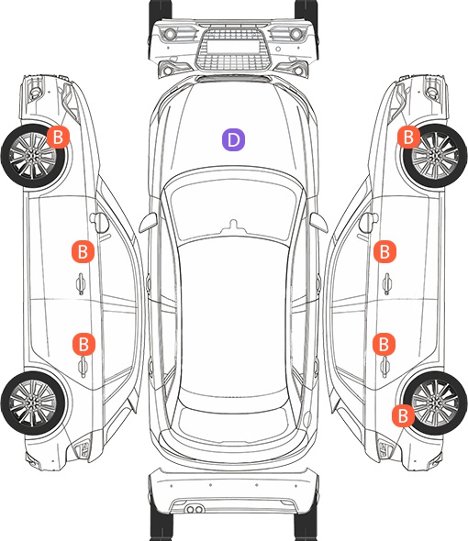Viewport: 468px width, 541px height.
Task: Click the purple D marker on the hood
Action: click(233, 139)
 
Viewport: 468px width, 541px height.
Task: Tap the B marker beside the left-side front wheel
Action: click(58, 137)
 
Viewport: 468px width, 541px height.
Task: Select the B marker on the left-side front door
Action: click(83, 251)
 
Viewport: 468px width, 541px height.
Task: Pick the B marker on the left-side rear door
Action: click(84, 344)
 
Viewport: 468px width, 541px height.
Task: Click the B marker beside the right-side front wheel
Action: click(408, 137)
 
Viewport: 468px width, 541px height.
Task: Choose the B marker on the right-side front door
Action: click(384, 251)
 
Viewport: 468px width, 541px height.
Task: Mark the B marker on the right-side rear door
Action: click(384, 344)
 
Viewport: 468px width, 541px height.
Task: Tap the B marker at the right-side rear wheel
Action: click(403, 415)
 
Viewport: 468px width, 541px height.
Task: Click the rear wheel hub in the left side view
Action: click(32, 403)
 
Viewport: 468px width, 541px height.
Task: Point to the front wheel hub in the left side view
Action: click(32, 156)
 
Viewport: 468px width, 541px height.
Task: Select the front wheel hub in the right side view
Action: click(435, 156)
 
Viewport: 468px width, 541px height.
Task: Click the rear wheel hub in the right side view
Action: click(435, 403)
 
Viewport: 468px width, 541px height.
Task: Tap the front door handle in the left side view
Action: click(81, 283)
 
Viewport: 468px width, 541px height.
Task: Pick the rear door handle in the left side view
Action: click(83, 367)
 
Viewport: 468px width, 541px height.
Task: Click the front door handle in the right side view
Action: click(386, 283)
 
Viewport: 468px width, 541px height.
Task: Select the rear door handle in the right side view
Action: click(385, 367)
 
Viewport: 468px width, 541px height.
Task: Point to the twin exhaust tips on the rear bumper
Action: click(195, 509)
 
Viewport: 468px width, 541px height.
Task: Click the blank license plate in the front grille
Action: click(233, 47)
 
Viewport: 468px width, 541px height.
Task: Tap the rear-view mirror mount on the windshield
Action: click(234, 226)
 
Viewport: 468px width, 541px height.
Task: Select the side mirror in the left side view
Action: click(99, 222)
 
